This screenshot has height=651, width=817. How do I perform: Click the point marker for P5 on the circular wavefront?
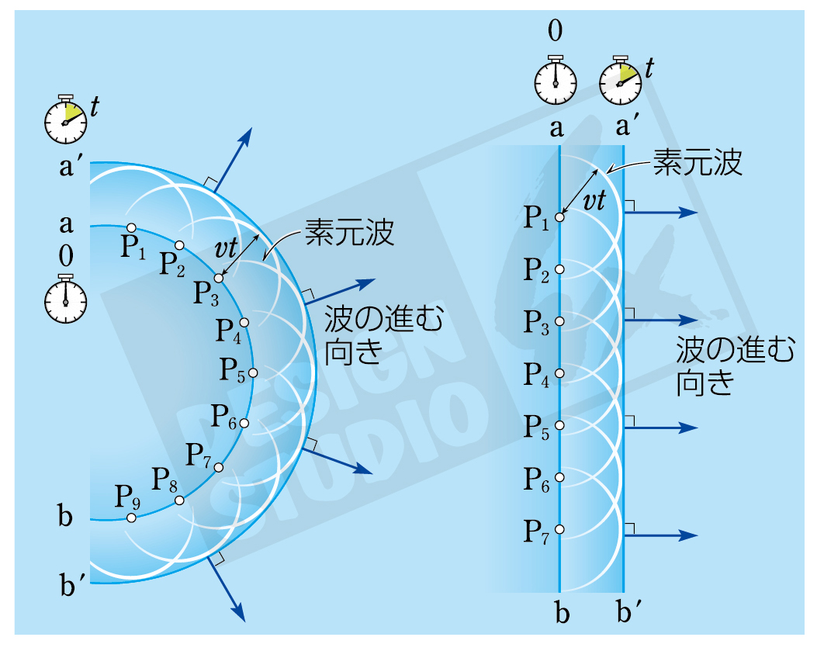tap(252, 373)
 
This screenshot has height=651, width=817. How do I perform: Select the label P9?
tap(128, 496)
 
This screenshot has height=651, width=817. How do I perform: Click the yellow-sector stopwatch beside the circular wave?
tap(65, 120)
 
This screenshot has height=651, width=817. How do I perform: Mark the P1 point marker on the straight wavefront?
tap(559, 217)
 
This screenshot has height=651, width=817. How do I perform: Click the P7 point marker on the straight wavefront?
tap(559, 530)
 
